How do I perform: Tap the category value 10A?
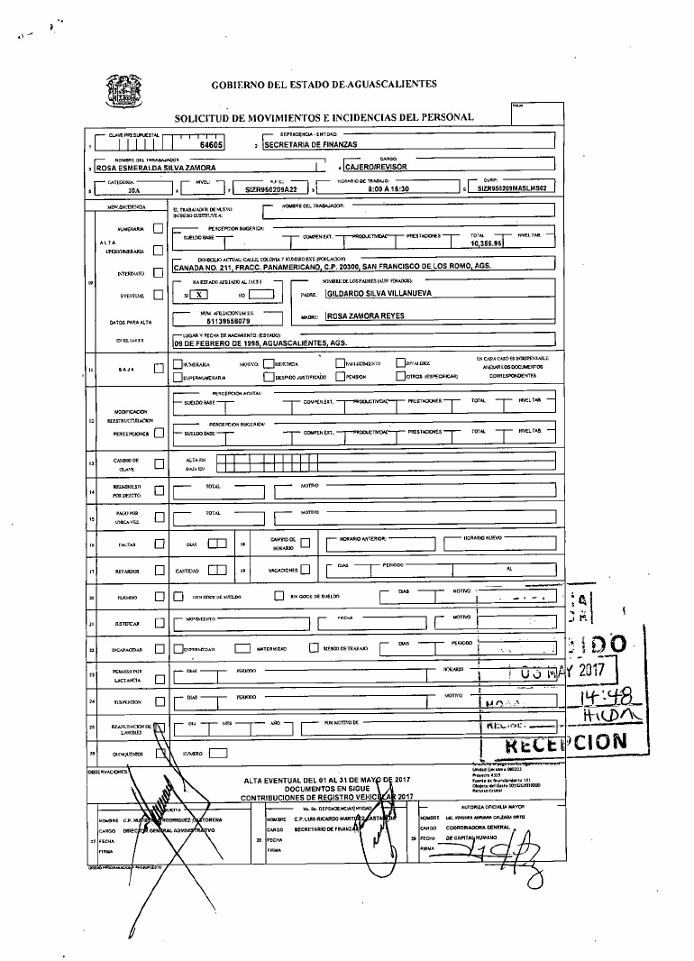pos(134,191)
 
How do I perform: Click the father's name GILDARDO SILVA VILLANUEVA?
pos(379,294)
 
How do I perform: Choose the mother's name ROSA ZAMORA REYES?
pos(365,316)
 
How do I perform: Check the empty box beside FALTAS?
pos(159,544)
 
